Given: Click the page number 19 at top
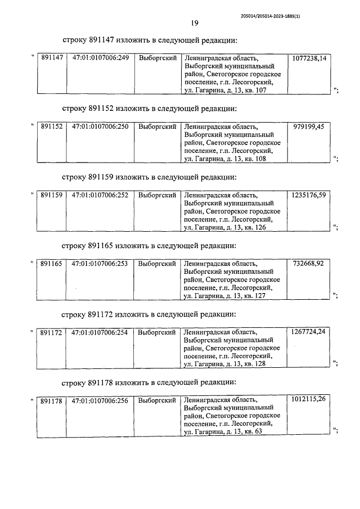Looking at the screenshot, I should [193, 23].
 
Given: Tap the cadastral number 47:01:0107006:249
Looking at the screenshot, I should [100, 58].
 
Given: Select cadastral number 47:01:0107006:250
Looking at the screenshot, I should [100, 127].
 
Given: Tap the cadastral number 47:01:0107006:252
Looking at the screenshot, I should [100, 195].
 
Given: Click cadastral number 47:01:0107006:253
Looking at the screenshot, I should [100, 264].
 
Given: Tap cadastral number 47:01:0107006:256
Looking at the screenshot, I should [100, 400].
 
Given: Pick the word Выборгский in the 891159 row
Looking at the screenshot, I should [157, 195].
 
